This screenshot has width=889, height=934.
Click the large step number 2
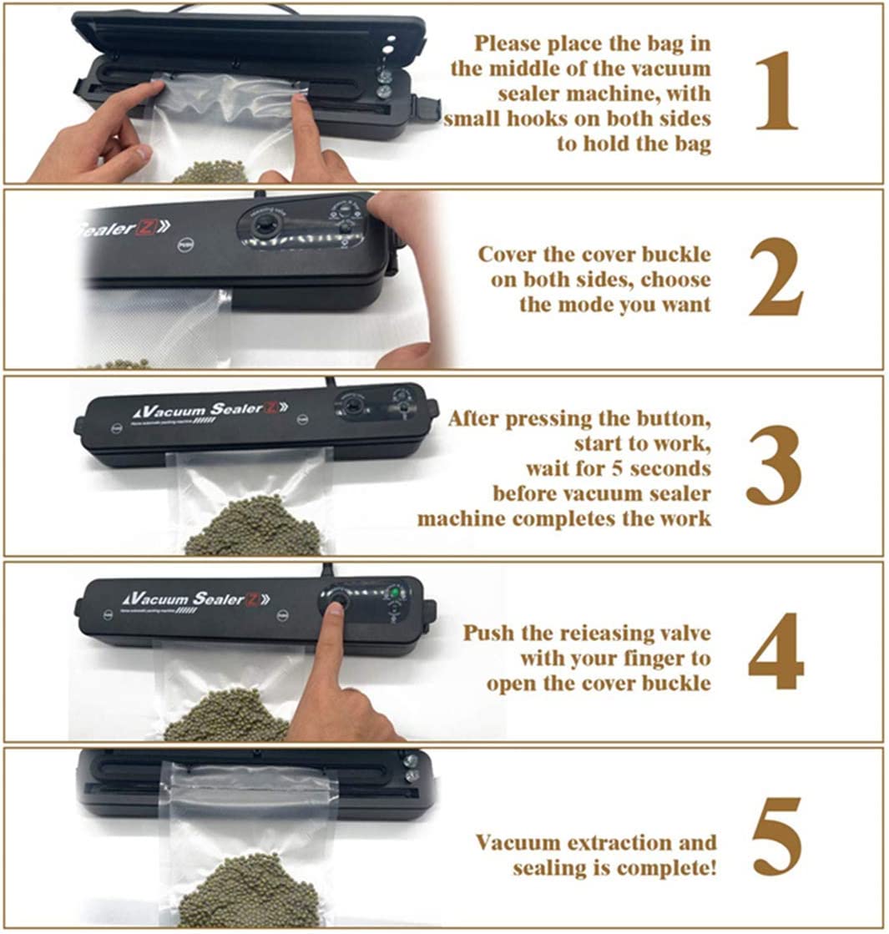click(775, 278)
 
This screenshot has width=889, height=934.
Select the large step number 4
click(775, 652)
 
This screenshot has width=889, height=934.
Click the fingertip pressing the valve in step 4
click(334, 608)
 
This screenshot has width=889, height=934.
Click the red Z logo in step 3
click(270, 408)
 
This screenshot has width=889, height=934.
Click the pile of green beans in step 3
click(252, 528)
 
